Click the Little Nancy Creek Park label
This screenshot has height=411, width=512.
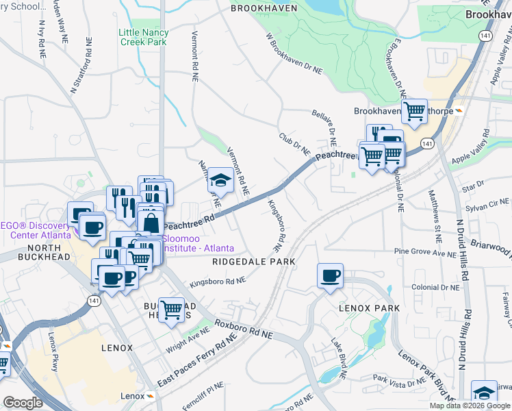[x=143, y=37]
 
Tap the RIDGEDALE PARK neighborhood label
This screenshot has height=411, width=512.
[x=253, y=262]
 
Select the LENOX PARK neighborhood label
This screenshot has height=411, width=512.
[x=370, y=308]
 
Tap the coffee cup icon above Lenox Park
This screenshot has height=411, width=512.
[x=330, y=276]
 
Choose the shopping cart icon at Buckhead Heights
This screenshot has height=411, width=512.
[x=170, y=310]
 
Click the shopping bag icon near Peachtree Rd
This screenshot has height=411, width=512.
[x=150, y=223]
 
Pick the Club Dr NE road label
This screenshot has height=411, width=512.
[x=295, y=144]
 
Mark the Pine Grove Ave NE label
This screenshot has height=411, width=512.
[x=425, y=253]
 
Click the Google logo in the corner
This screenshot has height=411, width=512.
[x=23, y=403]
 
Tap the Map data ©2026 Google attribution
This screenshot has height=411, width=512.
[x=470, y=406]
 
